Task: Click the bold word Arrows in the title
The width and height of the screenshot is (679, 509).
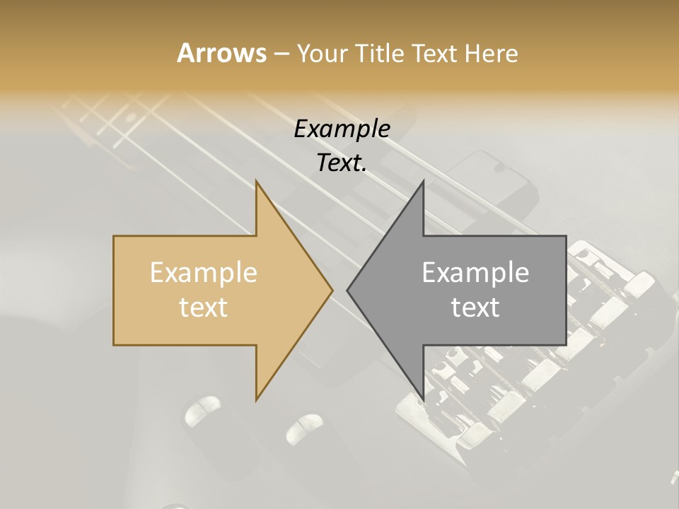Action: tap(221, 53)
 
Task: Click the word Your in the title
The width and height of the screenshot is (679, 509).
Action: tap(322, 53)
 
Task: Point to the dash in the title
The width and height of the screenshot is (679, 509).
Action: tap(281, 54)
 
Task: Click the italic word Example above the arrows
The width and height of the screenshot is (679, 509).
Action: tap(342, 129)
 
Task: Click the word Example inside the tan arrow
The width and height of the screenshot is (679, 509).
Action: tap(204, 272)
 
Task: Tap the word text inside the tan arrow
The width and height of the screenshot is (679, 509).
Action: tap(204, 307)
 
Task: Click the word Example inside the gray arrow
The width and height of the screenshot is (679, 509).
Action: tap(475, 272)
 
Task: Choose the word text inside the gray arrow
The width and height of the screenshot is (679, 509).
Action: tap(475, 307)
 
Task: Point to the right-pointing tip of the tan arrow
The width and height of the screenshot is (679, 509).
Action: tap(332, 291)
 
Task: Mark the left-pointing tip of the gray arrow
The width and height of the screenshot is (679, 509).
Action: tap(347, 291)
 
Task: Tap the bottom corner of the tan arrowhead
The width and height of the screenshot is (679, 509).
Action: tap(256, 400)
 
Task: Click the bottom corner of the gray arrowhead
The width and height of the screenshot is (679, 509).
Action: tap(423, 400)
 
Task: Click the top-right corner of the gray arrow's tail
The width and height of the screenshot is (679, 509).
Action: tap(566, 236)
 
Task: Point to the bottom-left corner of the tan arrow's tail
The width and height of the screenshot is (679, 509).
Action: tap(113, 345)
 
